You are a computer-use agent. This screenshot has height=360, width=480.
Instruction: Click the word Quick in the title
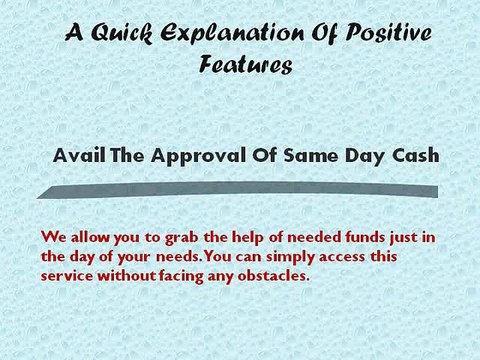pos(122,34)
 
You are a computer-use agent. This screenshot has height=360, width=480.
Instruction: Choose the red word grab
pos(160,238)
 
